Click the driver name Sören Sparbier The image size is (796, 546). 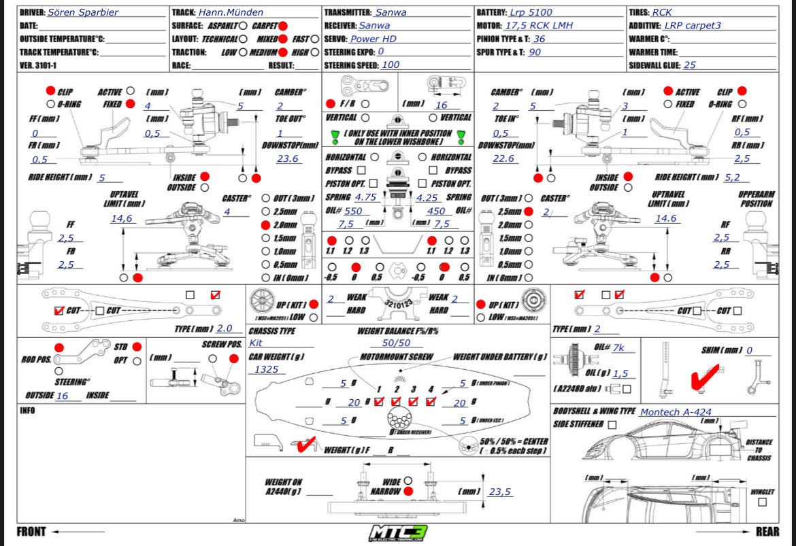tap(84, 12)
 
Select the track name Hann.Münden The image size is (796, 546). tap(231, 12)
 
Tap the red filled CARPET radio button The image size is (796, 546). tap(283, 25)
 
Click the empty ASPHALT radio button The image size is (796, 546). tap(243, 25)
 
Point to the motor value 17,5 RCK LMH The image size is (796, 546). tap(539, 25)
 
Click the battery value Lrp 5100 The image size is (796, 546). tap(531, 12)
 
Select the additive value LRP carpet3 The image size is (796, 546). tap(693, 25)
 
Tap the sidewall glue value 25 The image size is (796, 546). tap(690, 65)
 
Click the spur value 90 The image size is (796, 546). tap(535, 52)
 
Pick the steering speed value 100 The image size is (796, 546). tap(391, 65)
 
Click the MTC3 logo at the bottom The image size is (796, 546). tap(398, 532)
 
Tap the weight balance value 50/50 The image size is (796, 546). tap(396, 344)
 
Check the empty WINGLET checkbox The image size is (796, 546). tap(762, 502)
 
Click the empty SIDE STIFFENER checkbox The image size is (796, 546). tap(612, 425)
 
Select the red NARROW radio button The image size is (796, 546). tap(407, 491)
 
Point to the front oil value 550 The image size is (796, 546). tap(353, 211)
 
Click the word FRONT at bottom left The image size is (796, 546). tap(32, 532)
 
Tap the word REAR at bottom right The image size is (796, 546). tap(767, 532)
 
